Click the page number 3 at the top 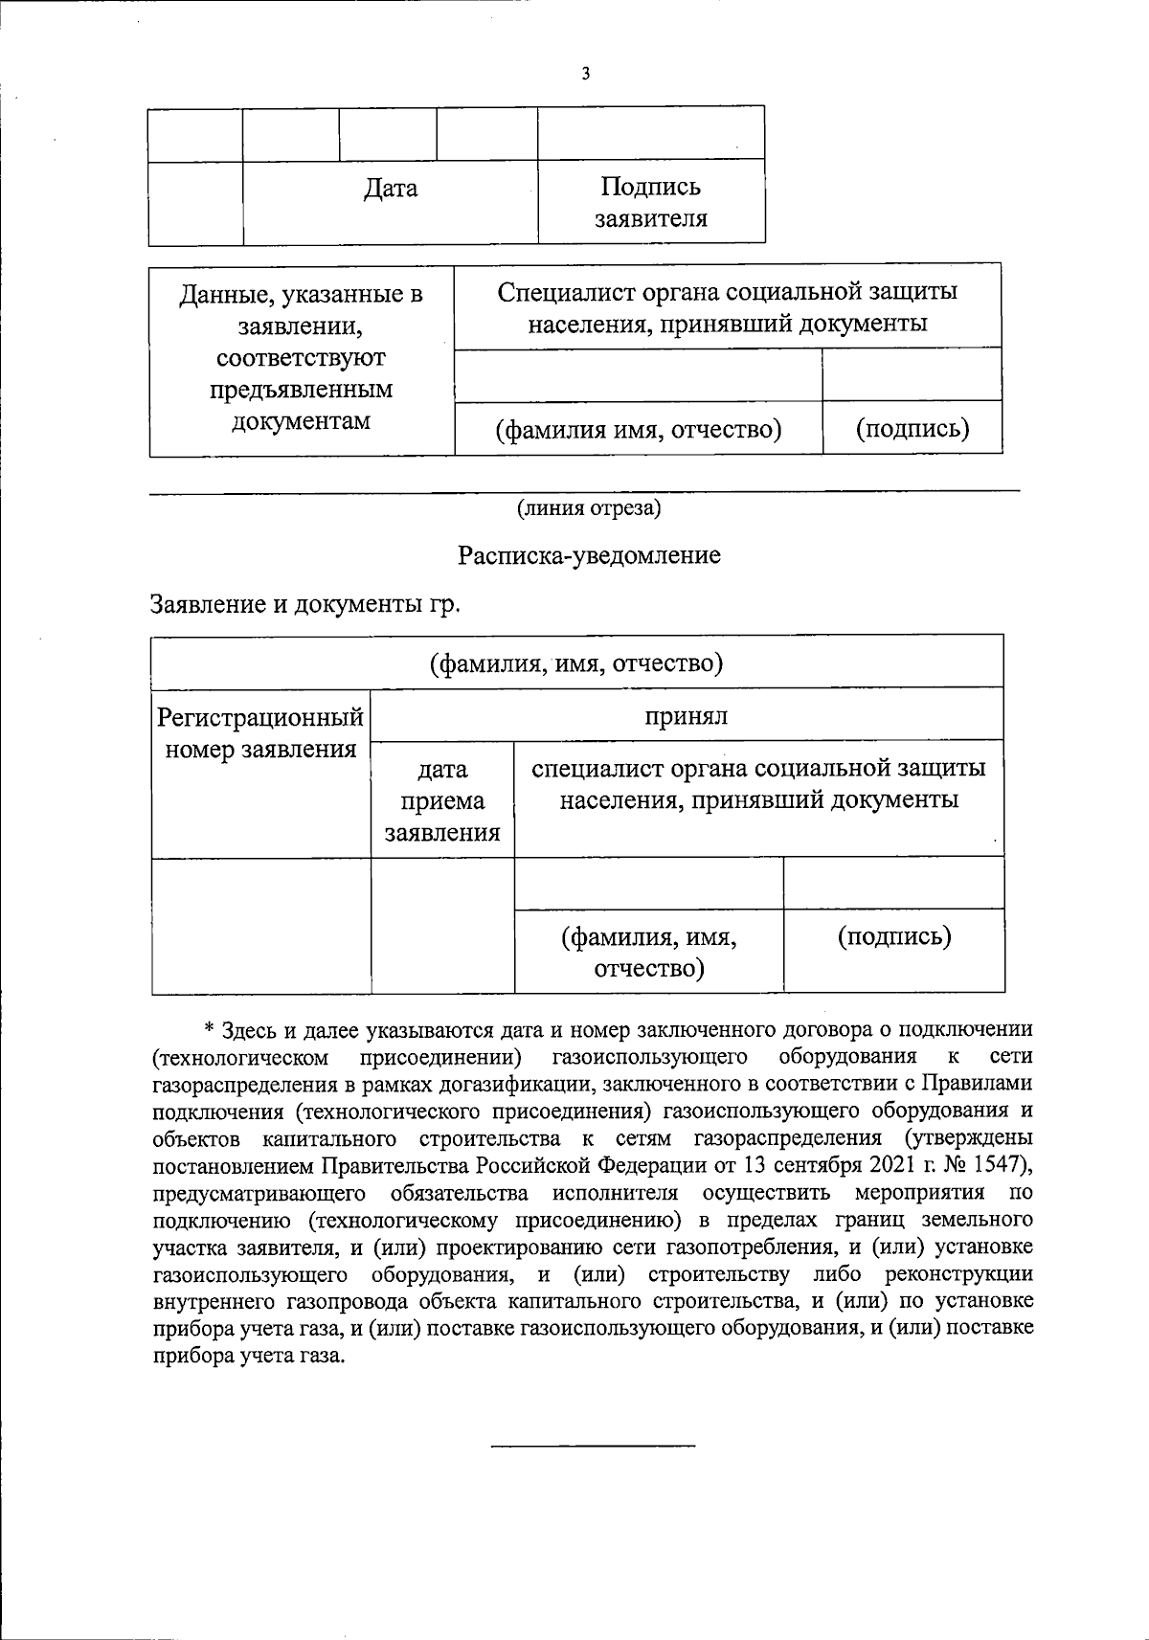585,75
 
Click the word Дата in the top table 391,188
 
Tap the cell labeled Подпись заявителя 651,202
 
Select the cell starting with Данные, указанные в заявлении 302,357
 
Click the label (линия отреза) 589,508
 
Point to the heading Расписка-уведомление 589,555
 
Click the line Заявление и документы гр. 305,604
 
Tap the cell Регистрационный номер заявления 261,733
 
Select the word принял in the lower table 686,715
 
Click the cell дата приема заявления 442,800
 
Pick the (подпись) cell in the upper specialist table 912,428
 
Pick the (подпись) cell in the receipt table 894,936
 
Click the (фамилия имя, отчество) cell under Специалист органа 638,430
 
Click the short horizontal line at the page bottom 593,1444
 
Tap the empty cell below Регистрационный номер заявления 261,925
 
